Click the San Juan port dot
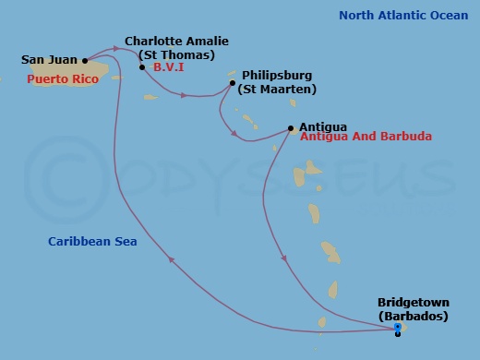(x=85, y=61)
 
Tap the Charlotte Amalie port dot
(x=141, y=67)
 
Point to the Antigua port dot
(x=291, y=128)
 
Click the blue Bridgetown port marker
(x=398, y=327)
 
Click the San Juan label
(x=50, y=60)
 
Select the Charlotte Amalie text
(x=176, y=42)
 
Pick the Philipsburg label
(x=277, y=75)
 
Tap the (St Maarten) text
(x=277, y=90)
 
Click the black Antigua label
(x=322, y=126)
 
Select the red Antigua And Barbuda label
(x=366, y=137)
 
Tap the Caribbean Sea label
(x=92, y=242)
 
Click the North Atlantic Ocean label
(x=402, y=15)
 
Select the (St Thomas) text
(x=176, y=55)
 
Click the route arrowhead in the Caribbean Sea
(x=172, y=261)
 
